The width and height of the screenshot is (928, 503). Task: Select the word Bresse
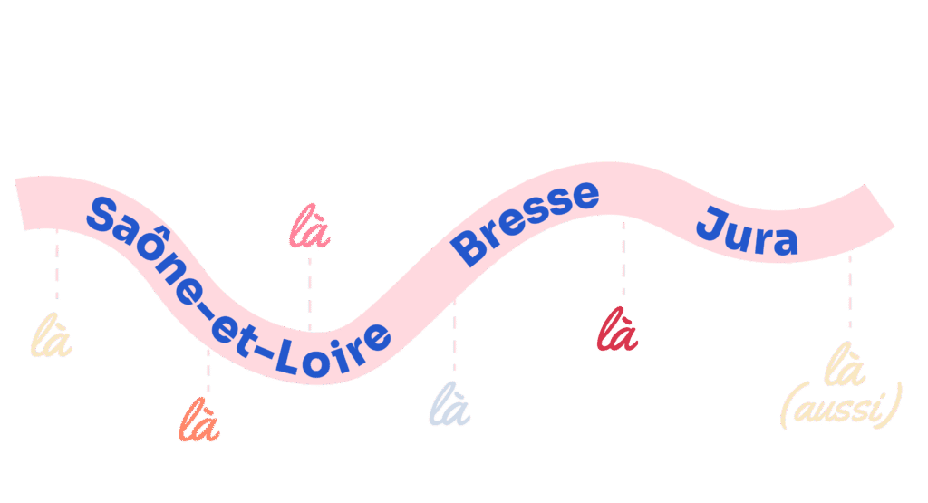[527, 221]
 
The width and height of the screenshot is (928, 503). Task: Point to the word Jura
[747, 232]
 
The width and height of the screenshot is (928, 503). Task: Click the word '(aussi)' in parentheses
[841, 411]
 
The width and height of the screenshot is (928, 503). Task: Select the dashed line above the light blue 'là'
[454, 340]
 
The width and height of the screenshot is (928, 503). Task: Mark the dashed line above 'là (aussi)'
[849, 290]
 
